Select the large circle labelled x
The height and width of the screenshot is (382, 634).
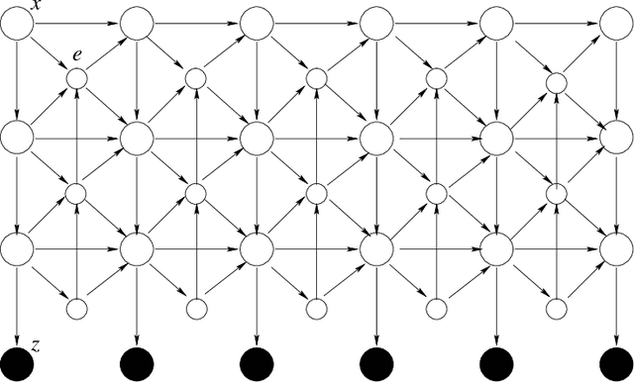19,24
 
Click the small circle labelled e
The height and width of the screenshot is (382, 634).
76,78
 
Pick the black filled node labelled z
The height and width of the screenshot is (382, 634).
19,364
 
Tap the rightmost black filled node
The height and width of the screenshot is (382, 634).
615,364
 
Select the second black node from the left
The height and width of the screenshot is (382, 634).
137,364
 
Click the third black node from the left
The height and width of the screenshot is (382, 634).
257,364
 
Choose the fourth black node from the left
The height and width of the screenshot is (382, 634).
375,364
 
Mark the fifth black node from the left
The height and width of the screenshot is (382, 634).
494,364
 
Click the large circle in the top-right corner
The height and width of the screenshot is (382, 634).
615,24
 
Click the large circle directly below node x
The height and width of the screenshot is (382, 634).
19,134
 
